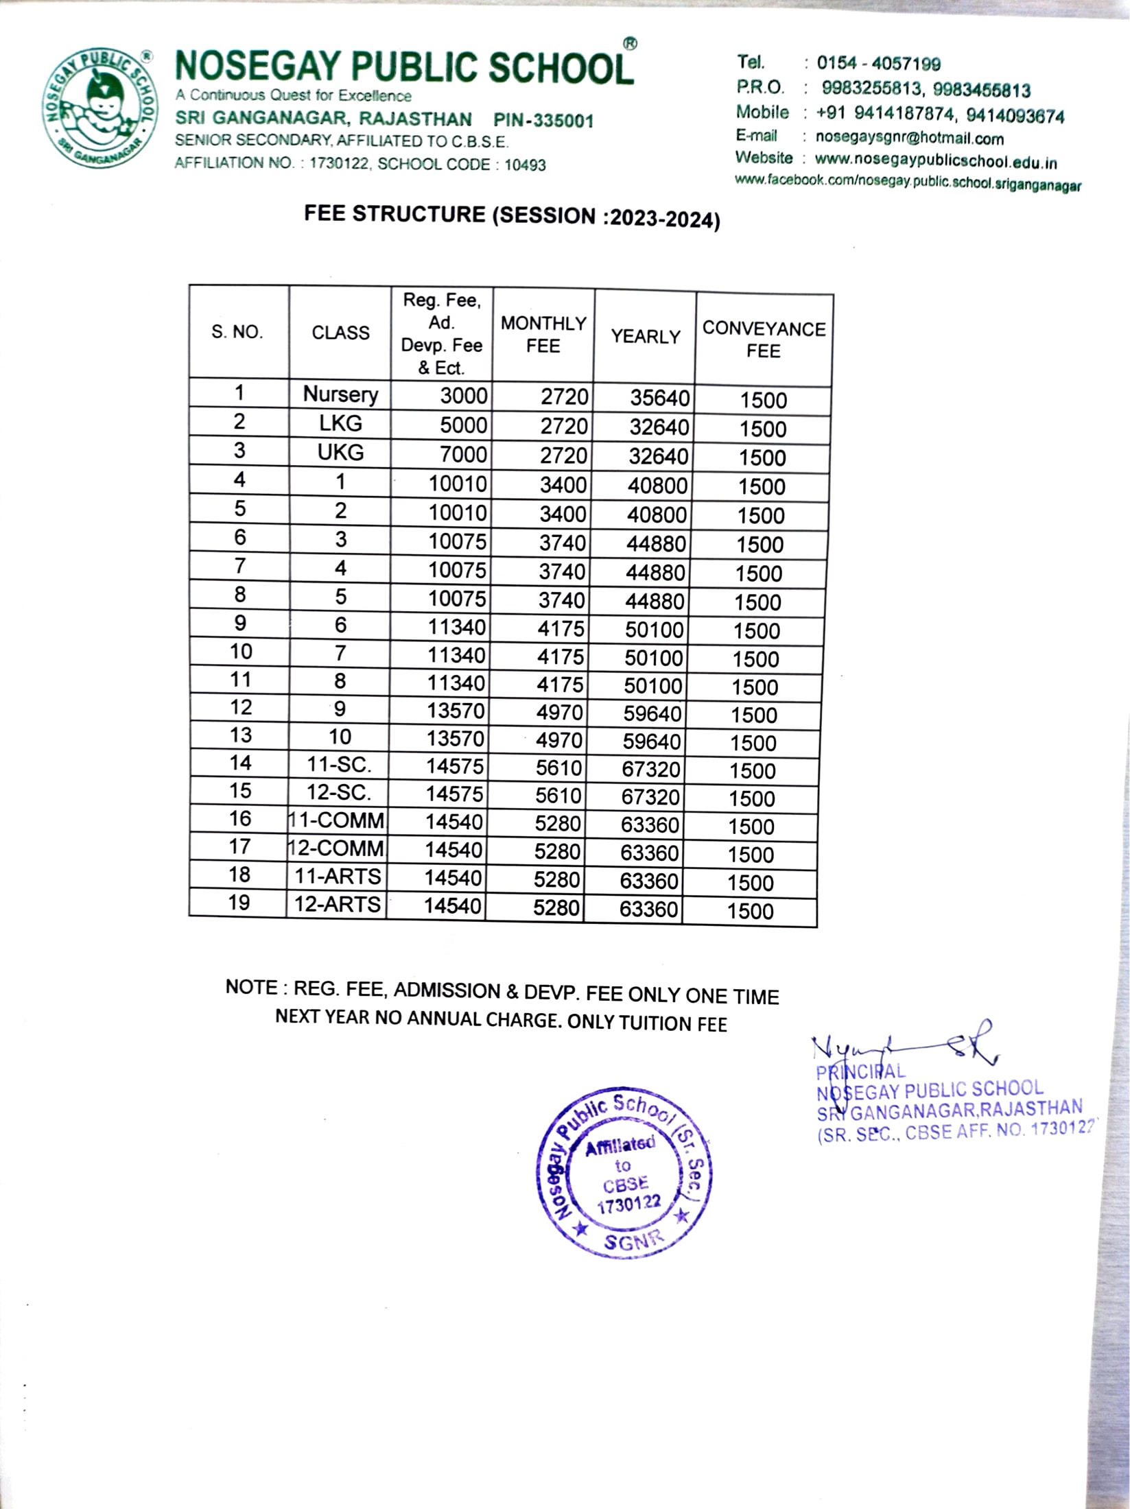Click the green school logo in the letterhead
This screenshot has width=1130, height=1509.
click(x=99, y=108)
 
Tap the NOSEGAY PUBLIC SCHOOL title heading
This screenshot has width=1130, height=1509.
click(x=404, y=68)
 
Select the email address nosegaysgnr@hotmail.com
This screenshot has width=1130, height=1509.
click(x=909, y=138)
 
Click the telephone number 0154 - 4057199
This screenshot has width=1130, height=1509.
click(x=878, y=64)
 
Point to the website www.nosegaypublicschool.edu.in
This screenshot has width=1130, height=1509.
click(x=935, y=162)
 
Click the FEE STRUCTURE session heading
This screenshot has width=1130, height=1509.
click(x=512, y=216)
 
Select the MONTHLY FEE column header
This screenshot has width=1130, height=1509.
click(x=543, y=334)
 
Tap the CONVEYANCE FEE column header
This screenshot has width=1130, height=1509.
click(x=764, y=340)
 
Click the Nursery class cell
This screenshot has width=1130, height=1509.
click(x=340, y=394)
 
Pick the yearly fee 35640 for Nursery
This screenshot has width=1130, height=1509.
click(x=659, y=398)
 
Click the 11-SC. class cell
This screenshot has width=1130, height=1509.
click(x=339, y=764)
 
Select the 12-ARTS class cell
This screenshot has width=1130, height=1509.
click(x=337, y=904)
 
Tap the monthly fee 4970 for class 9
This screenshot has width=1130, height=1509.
click(x=559, y=713)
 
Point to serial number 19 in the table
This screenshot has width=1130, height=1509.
click(x=239, y=903)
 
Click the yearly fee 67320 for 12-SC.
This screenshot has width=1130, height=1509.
click(x=650, y=797)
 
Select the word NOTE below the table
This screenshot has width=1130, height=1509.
click(x=251, y=987)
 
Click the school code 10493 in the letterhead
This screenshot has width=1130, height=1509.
click(x=525, y=165)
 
